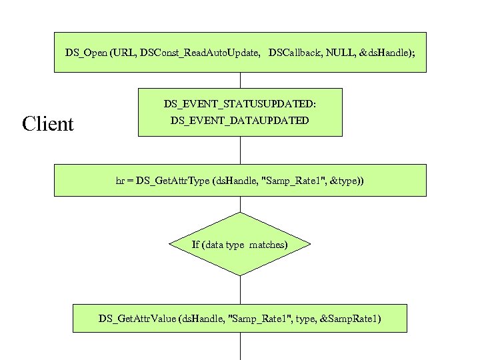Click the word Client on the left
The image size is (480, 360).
47,124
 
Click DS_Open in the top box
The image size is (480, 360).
87,52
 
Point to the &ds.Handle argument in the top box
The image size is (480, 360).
385,52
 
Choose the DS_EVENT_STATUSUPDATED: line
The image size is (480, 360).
240,105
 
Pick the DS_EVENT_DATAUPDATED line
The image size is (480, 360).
240,121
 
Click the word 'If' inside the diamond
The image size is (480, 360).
196,245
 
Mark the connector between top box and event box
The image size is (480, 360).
240,80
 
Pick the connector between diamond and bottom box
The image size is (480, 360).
240,291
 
